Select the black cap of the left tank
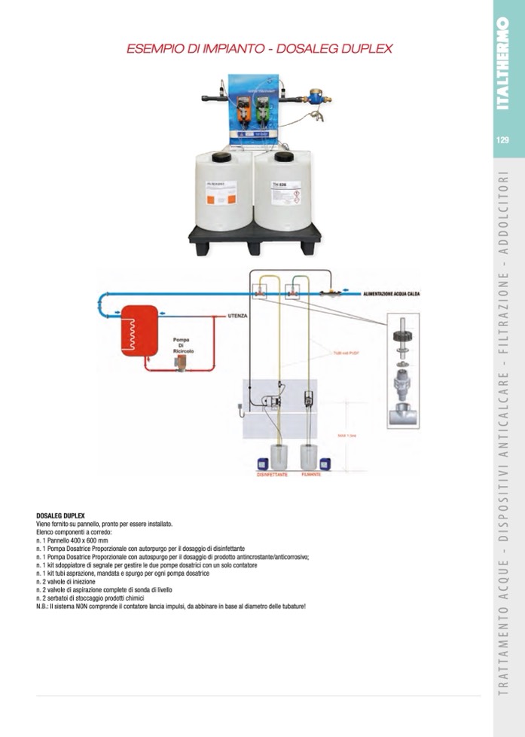[222, 157]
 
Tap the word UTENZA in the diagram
[238, 317]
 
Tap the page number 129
[503, 139]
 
